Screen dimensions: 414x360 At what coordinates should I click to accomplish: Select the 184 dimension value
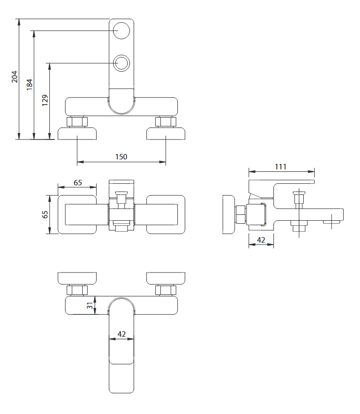click(29, 84)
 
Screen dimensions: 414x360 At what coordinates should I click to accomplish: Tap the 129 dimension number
click(45, 101)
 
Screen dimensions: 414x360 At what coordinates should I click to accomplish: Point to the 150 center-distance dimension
click(121, 156)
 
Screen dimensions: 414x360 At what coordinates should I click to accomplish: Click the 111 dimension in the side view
click(281, 167)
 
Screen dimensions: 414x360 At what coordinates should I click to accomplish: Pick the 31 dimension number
click(90, 306)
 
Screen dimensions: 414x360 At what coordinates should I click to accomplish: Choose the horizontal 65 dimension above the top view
click(78, 182)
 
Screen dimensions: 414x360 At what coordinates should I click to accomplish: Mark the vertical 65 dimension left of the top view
click(45, 214)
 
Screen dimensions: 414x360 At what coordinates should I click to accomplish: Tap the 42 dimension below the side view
click(260, 240)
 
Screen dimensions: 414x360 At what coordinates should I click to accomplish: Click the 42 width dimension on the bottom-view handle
click(121, 335)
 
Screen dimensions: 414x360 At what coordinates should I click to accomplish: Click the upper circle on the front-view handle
click(121, 31)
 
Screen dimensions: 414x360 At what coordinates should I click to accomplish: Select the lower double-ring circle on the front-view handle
click(121, 63)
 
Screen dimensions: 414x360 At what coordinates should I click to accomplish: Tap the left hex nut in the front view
click(77, 122)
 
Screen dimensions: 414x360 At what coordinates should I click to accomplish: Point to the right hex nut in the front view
click(165, 122)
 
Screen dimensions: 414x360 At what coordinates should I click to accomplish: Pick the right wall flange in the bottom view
click(165, 278)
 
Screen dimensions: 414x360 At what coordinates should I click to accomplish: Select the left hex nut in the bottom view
click(77, 290)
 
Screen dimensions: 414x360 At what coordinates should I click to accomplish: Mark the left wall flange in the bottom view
click(78, 278)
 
